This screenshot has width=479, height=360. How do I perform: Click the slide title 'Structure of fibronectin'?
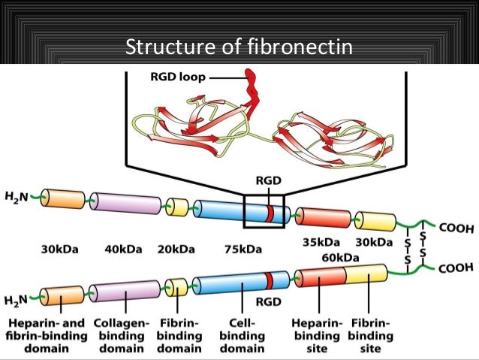click(239, 49)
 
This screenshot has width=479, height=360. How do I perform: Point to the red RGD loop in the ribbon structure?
click(251, 86)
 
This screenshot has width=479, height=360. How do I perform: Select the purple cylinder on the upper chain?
click(127, 204)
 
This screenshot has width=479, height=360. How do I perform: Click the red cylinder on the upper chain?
click(324, 218)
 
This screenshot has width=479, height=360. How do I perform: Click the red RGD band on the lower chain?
click(268, 281)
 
